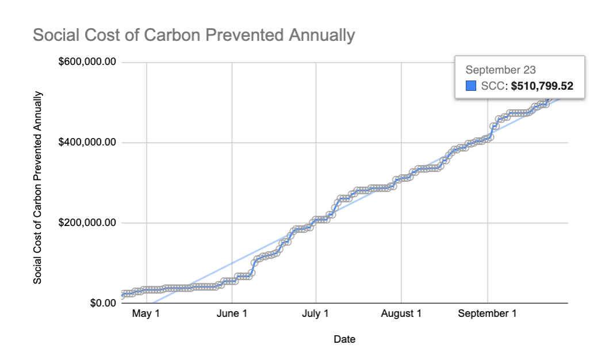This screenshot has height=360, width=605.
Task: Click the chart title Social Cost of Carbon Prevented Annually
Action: pyautogui.click(x=194, y=36)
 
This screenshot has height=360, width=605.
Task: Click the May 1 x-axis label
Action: pyautogui.click(x=146, y=314)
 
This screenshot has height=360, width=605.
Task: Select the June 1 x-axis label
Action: pyautogui.click(x=231, y=314)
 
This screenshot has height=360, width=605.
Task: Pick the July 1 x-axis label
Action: pyautogui.click(x=316, y=314)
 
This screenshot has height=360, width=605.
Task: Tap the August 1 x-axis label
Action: pyautogui.click(x=401, y=314)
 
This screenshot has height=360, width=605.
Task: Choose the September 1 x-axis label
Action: pyautogui.click(x=487, y=314)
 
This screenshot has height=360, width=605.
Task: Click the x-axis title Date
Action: pyautogui.click(x=344, y=339)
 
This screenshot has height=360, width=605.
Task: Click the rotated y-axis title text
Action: pyautogui.click(x=37, y=187)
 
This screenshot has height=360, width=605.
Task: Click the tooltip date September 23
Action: pyautogui.click(x=500, y=70)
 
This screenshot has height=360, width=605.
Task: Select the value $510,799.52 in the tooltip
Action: pyautogui.click(x=542, y=86)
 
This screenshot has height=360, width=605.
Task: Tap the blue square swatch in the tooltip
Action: pyautogui.click(x=471, y=86)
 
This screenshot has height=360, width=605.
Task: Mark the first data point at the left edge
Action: pyautogui.click(x=124, y=294)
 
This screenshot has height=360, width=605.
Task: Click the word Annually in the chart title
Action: pyautogui.click(x=320, y=36)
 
